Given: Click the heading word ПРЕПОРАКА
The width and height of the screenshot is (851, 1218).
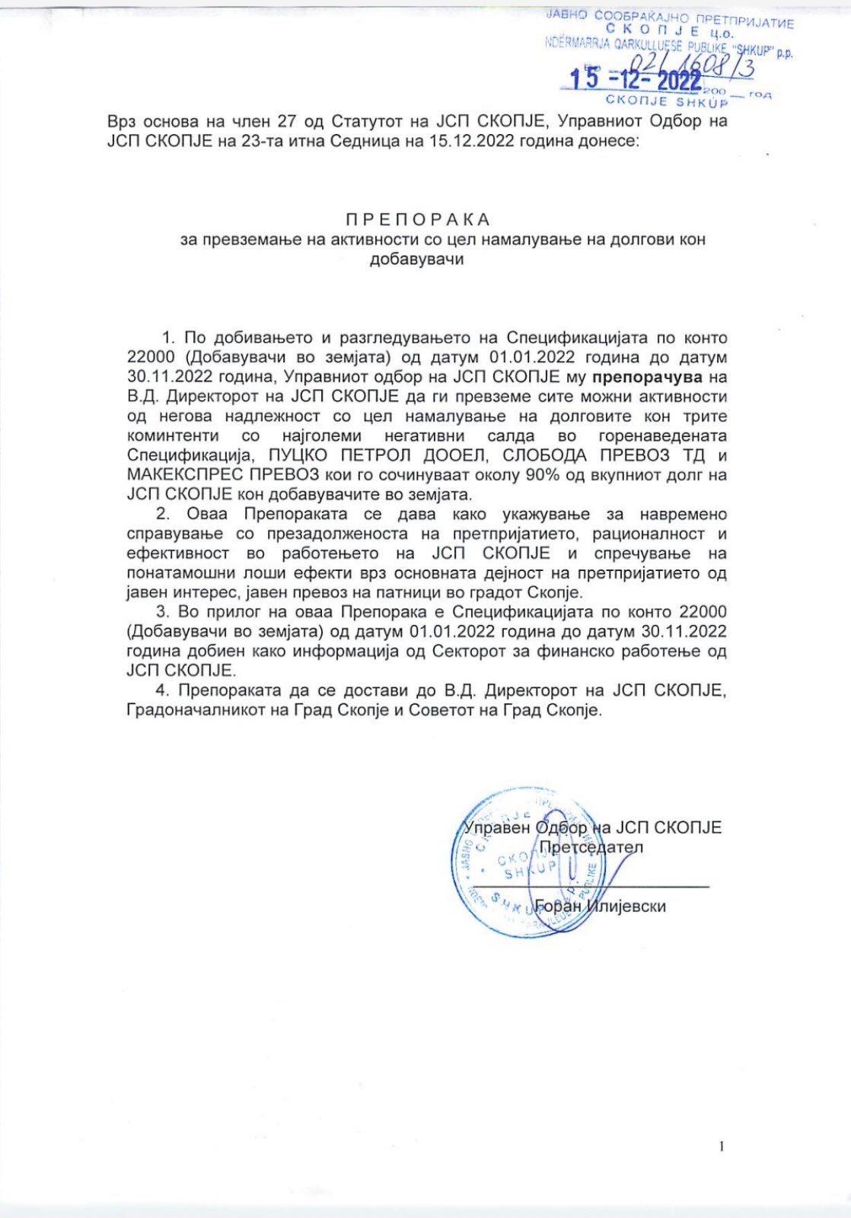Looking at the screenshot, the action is point(418,220).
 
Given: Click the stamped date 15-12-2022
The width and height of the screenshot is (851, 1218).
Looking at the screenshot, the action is point(636,80).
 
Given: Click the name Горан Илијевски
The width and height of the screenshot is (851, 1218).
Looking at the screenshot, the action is point(601,906).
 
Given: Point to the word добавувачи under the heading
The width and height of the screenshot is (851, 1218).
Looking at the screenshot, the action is point(416,259).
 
